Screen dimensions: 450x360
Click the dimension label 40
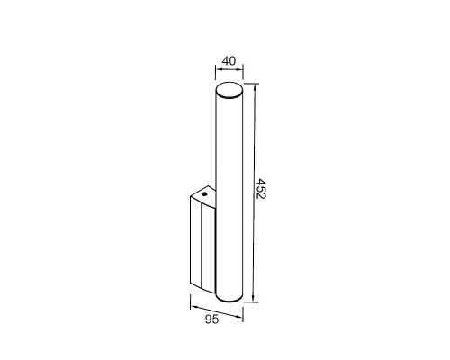point(229,61)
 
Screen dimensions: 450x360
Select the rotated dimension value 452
point(262,189)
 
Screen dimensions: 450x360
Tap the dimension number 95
point(211,319)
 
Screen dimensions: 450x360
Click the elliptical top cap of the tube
point(229,90)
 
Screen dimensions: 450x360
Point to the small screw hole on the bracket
point(204,193)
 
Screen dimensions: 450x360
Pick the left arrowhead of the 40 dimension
point(218,70)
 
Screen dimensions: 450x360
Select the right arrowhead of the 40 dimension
point(240,70)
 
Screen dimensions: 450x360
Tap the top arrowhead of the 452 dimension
point(255,86)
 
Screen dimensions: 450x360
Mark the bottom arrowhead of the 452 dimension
point(254,299)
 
